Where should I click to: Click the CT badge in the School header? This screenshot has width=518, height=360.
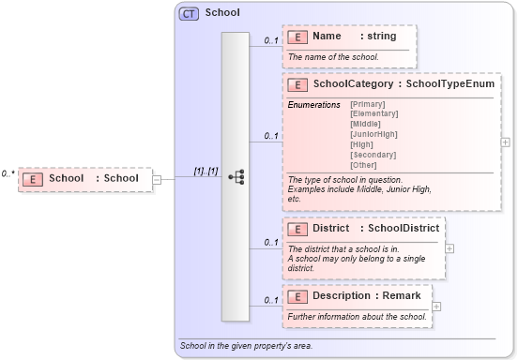[x=188, y=13]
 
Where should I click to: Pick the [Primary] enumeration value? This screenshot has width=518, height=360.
[x=367, y=103]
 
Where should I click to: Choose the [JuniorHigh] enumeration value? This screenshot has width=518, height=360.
[x=373, y=134]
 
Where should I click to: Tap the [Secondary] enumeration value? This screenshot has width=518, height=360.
[x=373, y=155]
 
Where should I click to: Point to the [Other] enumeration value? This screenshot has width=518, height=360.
[x=364, y=165]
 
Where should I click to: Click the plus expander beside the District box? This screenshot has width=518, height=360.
[x=449, y=248]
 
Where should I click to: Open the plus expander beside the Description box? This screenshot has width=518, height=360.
[x=436, y=307]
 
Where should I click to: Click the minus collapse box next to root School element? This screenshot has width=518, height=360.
[x=157, y=179]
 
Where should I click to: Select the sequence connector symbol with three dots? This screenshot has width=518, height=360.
[x=236, y=175]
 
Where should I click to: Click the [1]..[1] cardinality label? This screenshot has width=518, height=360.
[x=206, y=171]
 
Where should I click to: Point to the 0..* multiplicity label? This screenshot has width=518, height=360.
[x=8, y=173]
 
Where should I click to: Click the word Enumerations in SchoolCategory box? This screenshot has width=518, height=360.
[x=314, y=104]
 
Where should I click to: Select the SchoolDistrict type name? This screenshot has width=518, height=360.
[x=403, y=228]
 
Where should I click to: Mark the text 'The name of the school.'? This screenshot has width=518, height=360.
[x=333, y=57]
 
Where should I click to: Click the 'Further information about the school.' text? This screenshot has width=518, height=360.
[x=357, y=317]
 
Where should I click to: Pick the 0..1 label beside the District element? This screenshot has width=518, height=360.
[x=270, y=242]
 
